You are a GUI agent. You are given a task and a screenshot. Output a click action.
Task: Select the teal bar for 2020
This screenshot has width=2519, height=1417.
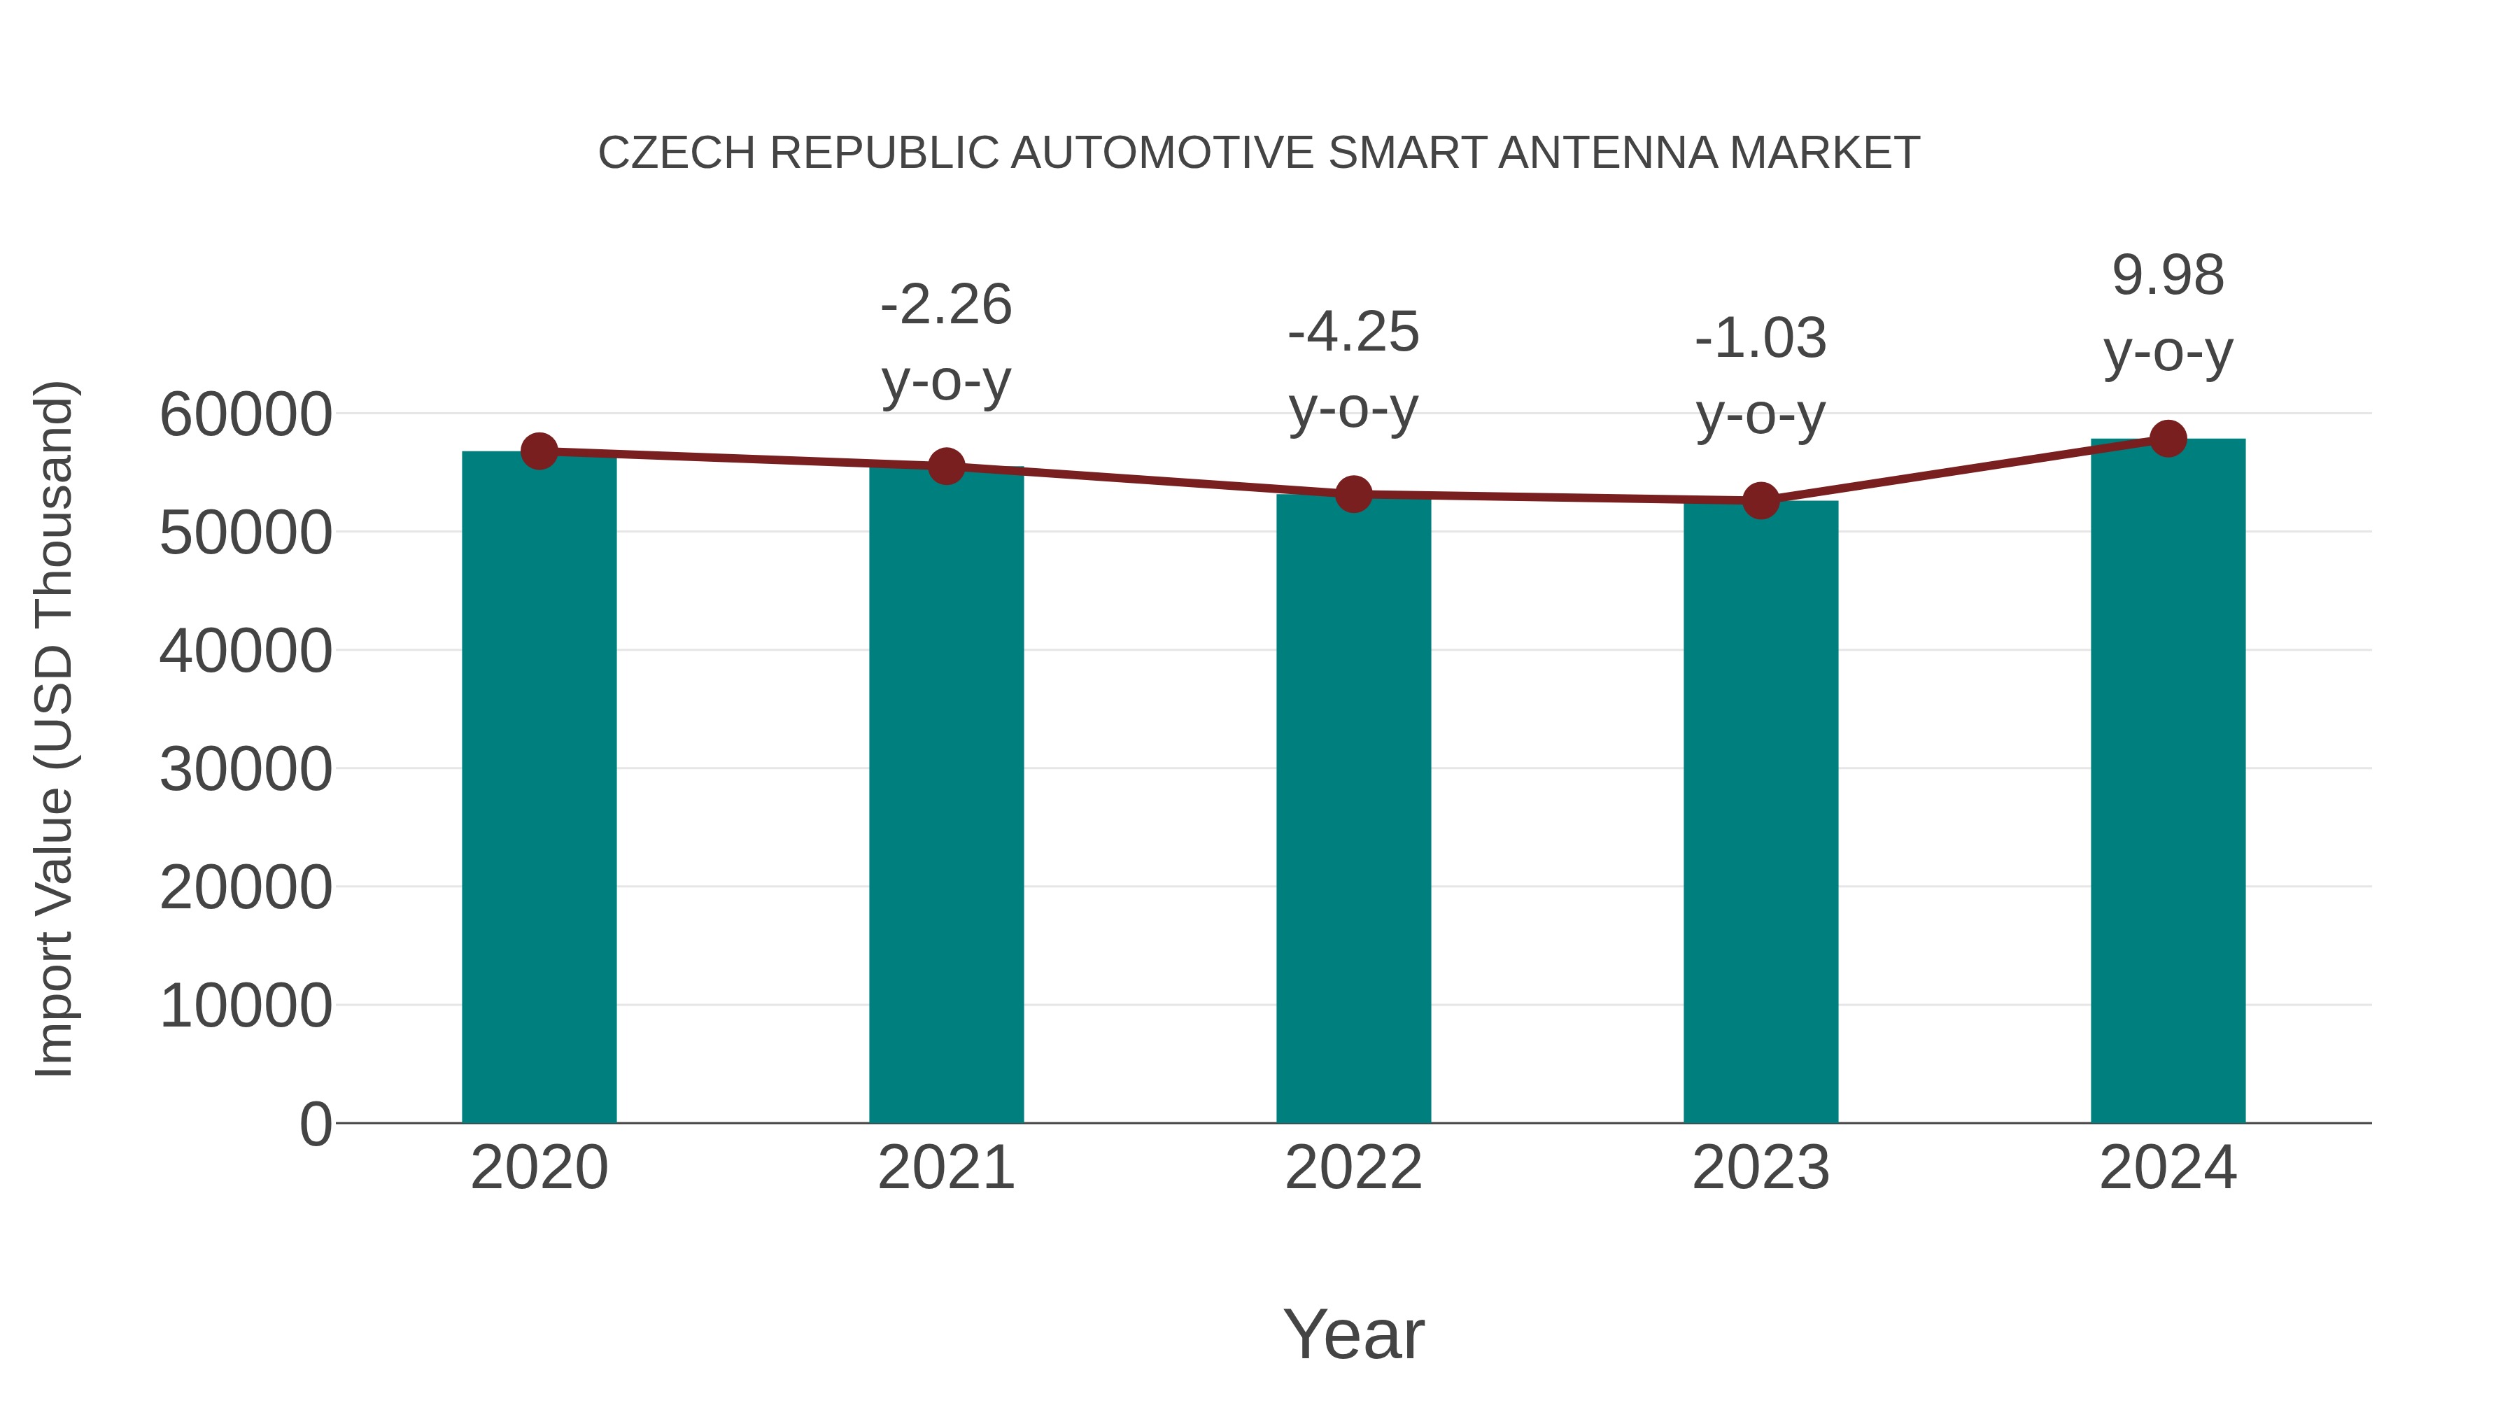539,787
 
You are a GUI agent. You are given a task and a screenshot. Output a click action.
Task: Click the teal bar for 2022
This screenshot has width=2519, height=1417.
1353,809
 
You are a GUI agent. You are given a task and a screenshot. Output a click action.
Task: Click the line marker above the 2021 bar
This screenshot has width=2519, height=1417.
945,467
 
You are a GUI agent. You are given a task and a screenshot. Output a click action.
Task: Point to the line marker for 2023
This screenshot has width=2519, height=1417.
1761,501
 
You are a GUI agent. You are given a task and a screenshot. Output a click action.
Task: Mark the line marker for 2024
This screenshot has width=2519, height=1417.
2168,439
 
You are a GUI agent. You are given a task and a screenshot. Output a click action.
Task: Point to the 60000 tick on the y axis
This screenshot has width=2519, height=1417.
246,415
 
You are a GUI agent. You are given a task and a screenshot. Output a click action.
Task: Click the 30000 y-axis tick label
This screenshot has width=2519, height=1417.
246,770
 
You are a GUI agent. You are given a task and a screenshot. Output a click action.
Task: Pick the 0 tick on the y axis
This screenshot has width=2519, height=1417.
316,1124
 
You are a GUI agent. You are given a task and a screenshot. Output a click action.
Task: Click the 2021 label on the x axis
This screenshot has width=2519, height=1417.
945,1168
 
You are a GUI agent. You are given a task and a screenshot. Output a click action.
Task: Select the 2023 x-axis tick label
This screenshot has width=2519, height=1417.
1761,1168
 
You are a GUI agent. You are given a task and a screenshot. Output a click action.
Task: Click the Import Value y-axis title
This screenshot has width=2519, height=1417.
54,728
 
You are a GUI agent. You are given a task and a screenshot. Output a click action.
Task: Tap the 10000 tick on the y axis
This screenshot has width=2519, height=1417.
246,1006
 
